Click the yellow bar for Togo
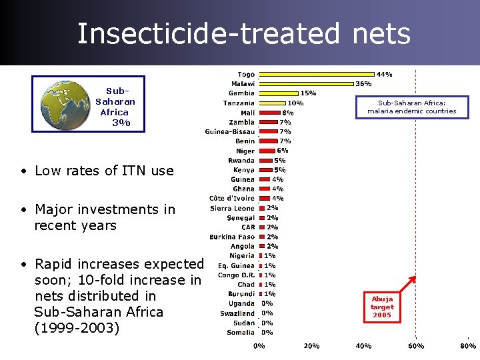coord(317,74)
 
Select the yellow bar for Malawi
coord(306,84)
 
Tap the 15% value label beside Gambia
coord(308,93)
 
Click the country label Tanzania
coord(238,103)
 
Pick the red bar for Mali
coord(269,113)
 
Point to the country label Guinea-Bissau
coord(229,131)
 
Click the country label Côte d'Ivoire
coord(231,199)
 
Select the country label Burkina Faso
coord(232,237)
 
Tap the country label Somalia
coord(241,332)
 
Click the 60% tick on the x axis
coord(415,346)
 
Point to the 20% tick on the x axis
coord(311,346)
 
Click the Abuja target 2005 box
coord(382,307)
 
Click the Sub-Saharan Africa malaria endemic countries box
coord(411,107)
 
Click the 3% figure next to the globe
coord(121,123)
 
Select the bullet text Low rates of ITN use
coord(104,171)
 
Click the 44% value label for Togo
coord(385,74)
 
